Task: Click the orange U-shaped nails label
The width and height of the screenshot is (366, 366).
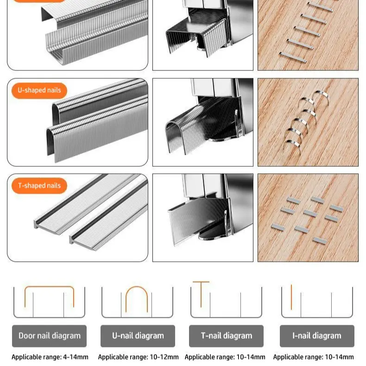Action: tap(39, 90)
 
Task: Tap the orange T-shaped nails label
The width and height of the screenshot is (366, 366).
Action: tap(39, 186)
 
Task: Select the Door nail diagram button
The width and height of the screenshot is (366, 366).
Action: tap(49, 336)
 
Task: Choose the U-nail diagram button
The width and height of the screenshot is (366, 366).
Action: tap(138, 336)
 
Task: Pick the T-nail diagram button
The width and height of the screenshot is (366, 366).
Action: tap(226, 336)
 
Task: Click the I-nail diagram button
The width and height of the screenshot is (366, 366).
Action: tap(317, 336)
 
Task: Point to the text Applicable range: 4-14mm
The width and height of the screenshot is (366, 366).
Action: tap(50, 357)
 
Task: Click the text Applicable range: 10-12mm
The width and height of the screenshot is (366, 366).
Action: tap(138, 357)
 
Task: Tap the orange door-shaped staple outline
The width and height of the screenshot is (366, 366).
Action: tap(49, 287)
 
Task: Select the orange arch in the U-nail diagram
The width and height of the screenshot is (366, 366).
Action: tap(137, 287)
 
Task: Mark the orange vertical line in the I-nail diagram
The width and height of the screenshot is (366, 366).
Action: tap(291, 297)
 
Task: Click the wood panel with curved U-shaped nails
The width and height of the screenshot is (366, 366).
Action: tap(308, 122)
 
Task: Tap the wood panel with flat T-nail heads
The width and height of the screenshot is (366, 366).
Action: tap(308, 218)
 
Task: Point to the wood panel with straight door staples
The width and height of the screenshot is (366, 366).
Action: tap(308, 35)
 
